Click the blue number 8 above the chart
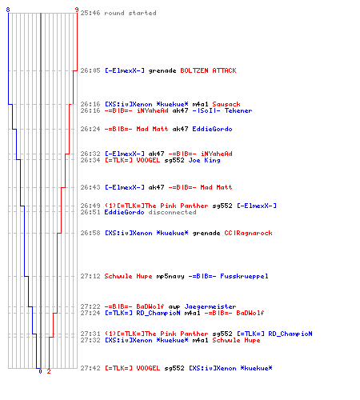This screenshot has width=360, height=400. [8, 10]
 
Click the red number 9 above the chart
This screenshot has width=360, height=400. [77, 10]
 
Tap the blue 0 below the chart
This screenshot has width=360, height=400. [40, 371]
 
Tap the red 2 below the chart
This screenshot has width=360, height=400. [49, 371]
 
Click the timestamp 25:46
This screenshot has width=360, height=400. [90, 13]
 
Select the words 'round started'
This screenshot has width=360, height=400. [130, 13]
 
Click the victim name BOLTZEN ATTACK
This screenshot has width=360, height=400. [208, 70]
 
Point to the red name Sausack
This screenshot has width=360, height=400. [226, 104]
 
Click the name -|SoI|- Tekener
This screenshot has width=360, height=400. [222, 110]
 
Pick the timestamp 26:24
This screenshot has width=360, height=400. [90, 129]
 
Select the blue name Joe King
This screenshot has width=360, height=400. [204, 160]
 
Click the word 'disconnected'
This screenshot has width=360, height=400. [172, 212]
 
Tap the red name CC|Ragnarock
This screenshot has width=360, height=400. [248, 233]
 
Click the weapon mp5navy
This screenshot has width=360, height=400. [170, 276]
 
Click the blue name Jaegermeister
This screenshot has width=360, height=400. [210, 306]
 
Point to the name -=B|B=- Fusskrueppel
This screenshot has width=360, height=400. [228, 276]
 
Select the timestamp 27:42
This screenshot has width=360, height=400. [90, 368]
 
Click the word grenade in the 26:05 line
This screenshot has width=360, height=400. [162, 70]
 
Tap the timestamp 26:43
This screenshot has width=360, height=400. [90, 187]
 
